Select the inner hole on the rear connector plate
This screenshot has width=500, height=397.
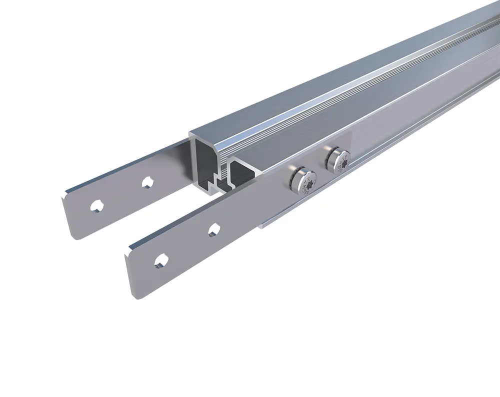coord(146,182)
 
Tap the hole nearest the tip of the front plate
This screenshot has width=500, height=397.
coord(160,260)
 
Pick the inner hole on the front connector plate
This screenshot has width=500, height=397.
coord(214,229)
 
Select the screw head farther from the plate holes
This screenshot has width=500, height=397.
coord(337,160)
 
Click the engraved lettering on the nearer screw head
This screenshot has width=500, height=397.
coord(310,180)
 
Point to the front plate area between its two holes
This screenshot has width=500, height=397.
coord(187,245)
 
